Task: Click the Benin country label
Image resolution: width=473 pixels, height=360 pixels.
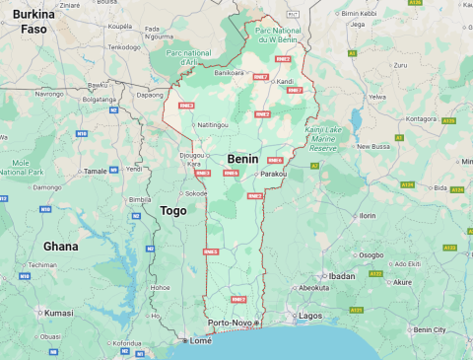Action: click(243, 158)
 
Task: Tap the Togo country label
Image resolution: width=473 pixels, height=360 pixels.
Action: click(172, 210)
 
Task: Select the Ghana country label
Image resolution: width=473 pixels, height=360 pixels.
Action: click(60, 246)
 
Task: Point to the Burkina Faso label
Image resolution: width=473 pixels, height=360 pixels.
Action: click(34, 22)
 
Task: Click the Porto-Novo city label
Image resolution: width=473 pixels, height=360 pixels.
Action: click(231, 323)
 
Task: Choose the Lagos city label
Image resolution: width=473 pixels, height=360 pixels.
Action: click(309, 316)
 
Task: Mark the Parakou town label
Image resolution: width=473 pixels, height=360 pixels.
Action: click(273, 174)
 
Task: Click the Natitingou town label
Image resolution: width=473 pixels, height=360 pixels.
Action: click(213, 125)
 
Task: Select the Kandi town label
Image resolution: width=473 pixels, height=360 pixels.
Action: click(285, 81)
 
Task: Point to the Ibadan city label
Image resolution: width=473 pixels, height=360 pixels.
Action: click(341, 276)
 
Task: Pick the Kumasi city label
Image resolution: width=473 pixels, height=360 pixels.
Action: click(58, 313)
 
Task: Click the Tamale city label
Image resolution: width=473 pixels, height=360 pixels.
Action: click(96, 171)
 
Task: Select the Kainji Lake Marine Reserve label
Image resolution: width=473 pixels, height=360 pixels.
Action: click(321, 138)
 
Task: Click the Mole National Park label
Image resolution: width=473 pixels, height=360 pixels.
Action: click(21, 166)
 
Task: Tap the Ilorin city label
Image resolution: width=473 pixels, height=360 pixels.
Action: click(367, 214)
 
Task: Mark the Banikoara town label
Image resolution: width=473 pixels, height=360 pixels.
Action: click(229, 72)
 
